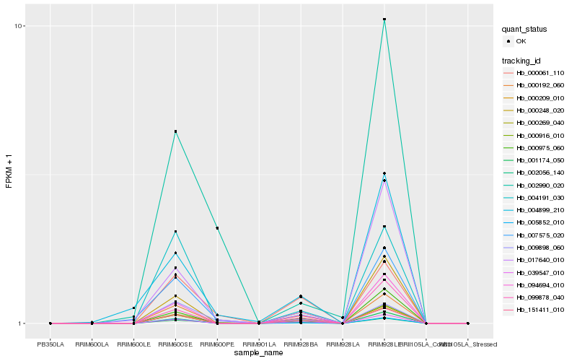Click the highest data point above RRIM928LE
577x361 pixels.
(x=384, y=19)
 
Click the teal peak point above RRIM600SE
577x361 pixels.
(x=175, y=131)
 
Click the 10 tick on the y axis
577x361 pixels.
(x=20, y=27)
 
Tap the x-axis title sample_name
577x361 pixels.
(x=259, y=353)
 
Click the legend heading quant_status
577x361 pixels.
(x=525, y=30)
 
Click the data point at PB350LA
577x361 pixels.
(x=50, y=323)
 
